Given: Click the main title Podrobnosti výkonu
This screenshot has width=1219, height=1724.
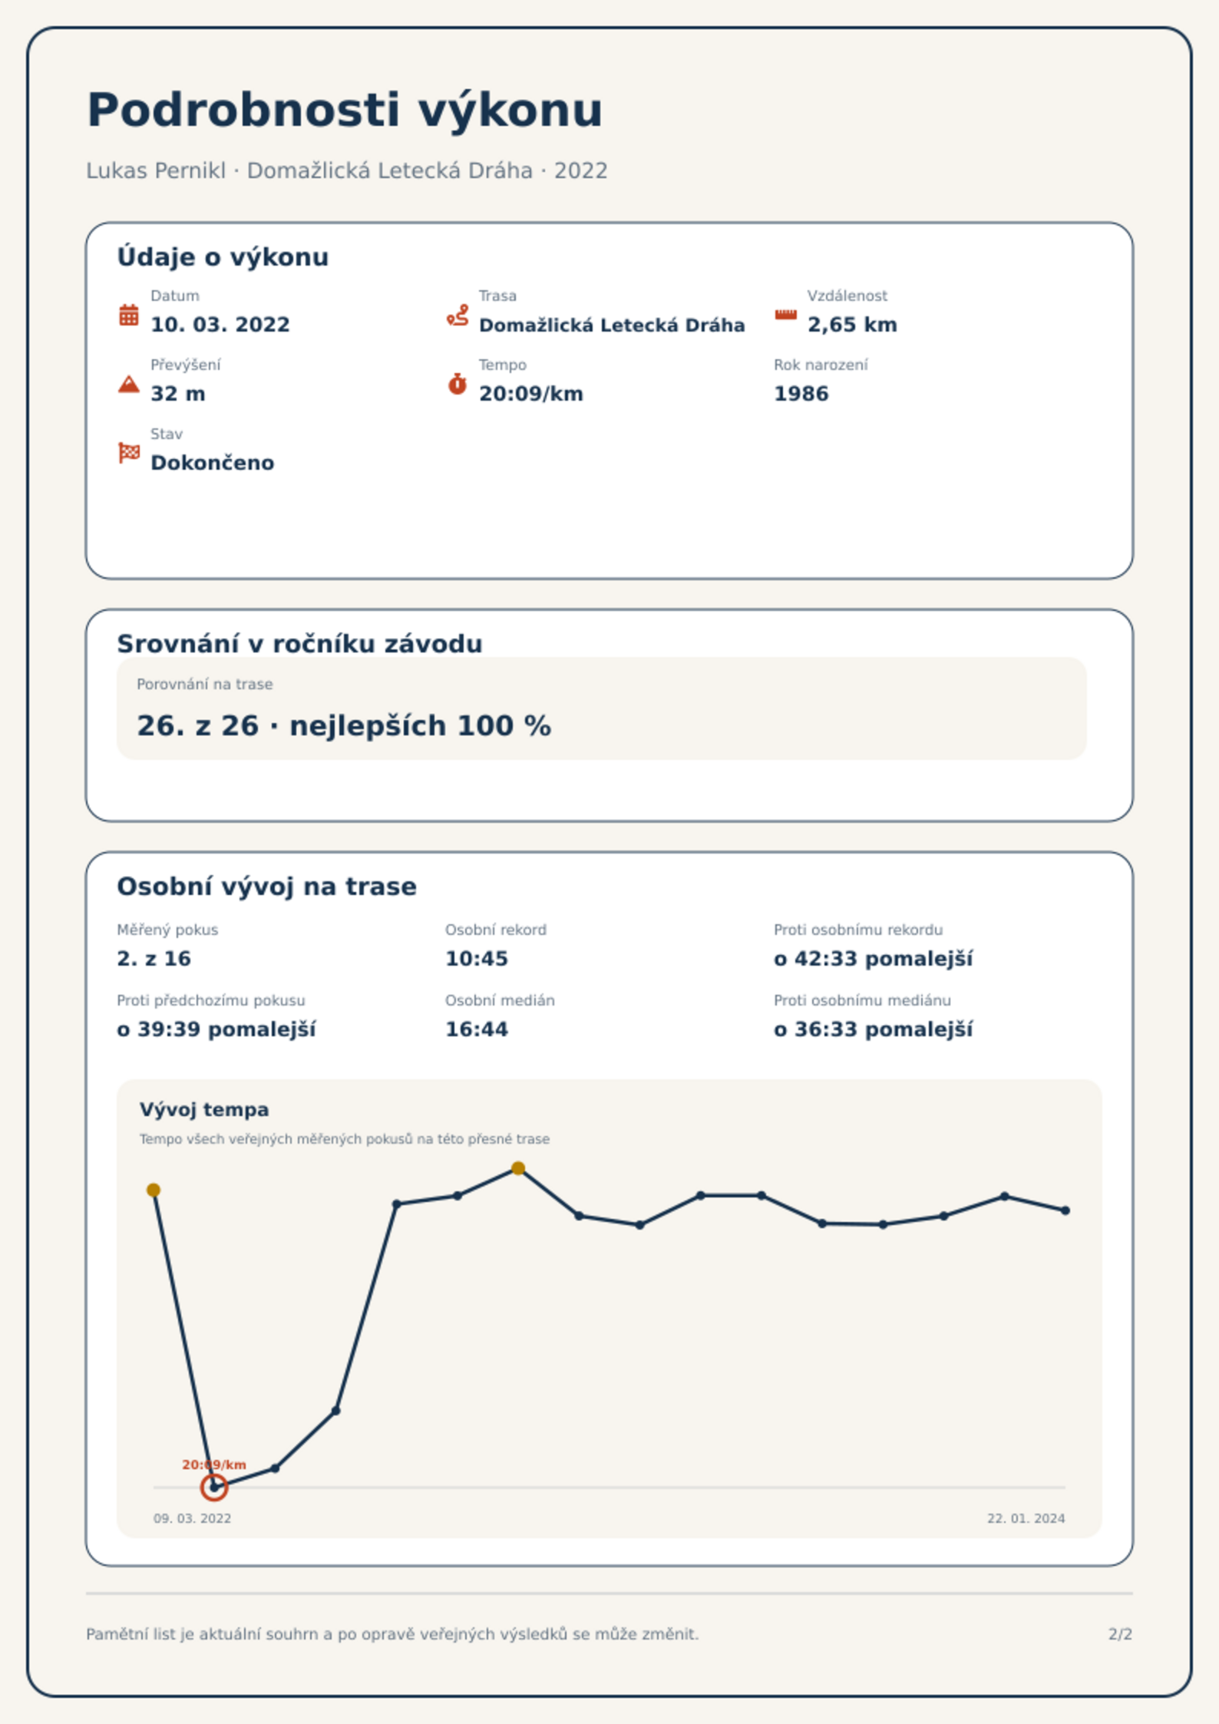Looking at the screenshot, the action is coord(345,111).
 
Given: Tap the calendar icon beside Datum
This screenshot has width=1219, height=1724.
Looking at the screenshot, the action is coord(129,315).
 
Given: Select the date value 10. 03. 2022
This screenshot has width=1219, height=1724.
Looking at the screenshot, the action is coord(220,325).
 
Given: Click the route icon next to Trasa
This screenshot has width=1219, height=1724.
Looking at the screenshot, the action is coord(458,315).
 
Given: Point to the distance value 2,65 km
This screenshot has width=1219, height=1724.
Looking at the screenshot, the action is coord(852,325).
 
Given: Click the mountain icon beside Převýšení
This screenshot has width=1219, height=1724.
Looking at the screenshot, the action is coord(129,384).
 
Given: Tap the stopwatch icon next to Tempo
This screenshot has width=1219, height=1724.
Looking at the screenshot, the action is coord(458,384).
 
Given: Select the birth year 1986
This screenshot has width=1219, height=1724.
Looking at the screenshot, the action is coord(801,394).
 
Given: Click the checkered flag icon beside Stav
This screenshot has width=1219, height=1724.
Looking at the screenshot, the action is coord(129,453).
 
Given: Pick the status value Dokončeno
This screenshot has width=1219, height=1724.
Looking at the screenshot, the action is coord(213,463).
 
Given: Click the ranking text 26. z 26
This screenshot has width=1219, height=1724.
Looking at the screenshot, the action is coord(198,725).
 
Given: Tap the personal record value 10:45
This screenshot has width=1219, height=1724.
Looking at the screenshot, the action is coord(477,959).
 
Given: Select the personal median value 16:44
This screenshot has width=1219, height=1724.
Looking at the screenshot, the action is coord(477,1029).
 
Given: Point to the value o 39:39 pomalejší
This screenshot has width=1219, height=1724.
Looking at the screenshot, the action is coord(216,1029).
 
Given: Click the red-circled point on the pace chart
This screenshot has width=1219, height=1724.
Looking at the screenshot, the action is coord(214,1488).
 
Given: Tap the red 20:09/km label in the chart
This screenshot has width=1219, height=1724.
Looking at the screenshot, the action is coord(214,1465).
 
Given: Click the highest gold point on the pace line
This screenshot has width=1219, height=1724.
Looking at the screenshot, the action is coord(518,1168).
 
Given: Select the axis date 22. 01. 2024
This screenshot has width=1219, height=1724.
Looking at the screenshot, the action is coord(1026,1518).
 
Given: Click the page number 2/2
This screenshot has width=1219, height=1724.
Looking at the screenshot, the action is coord(1121,1634).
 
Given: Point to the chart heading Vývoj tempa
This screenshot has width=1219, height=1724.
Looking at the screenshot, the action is coord(204,1110).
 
